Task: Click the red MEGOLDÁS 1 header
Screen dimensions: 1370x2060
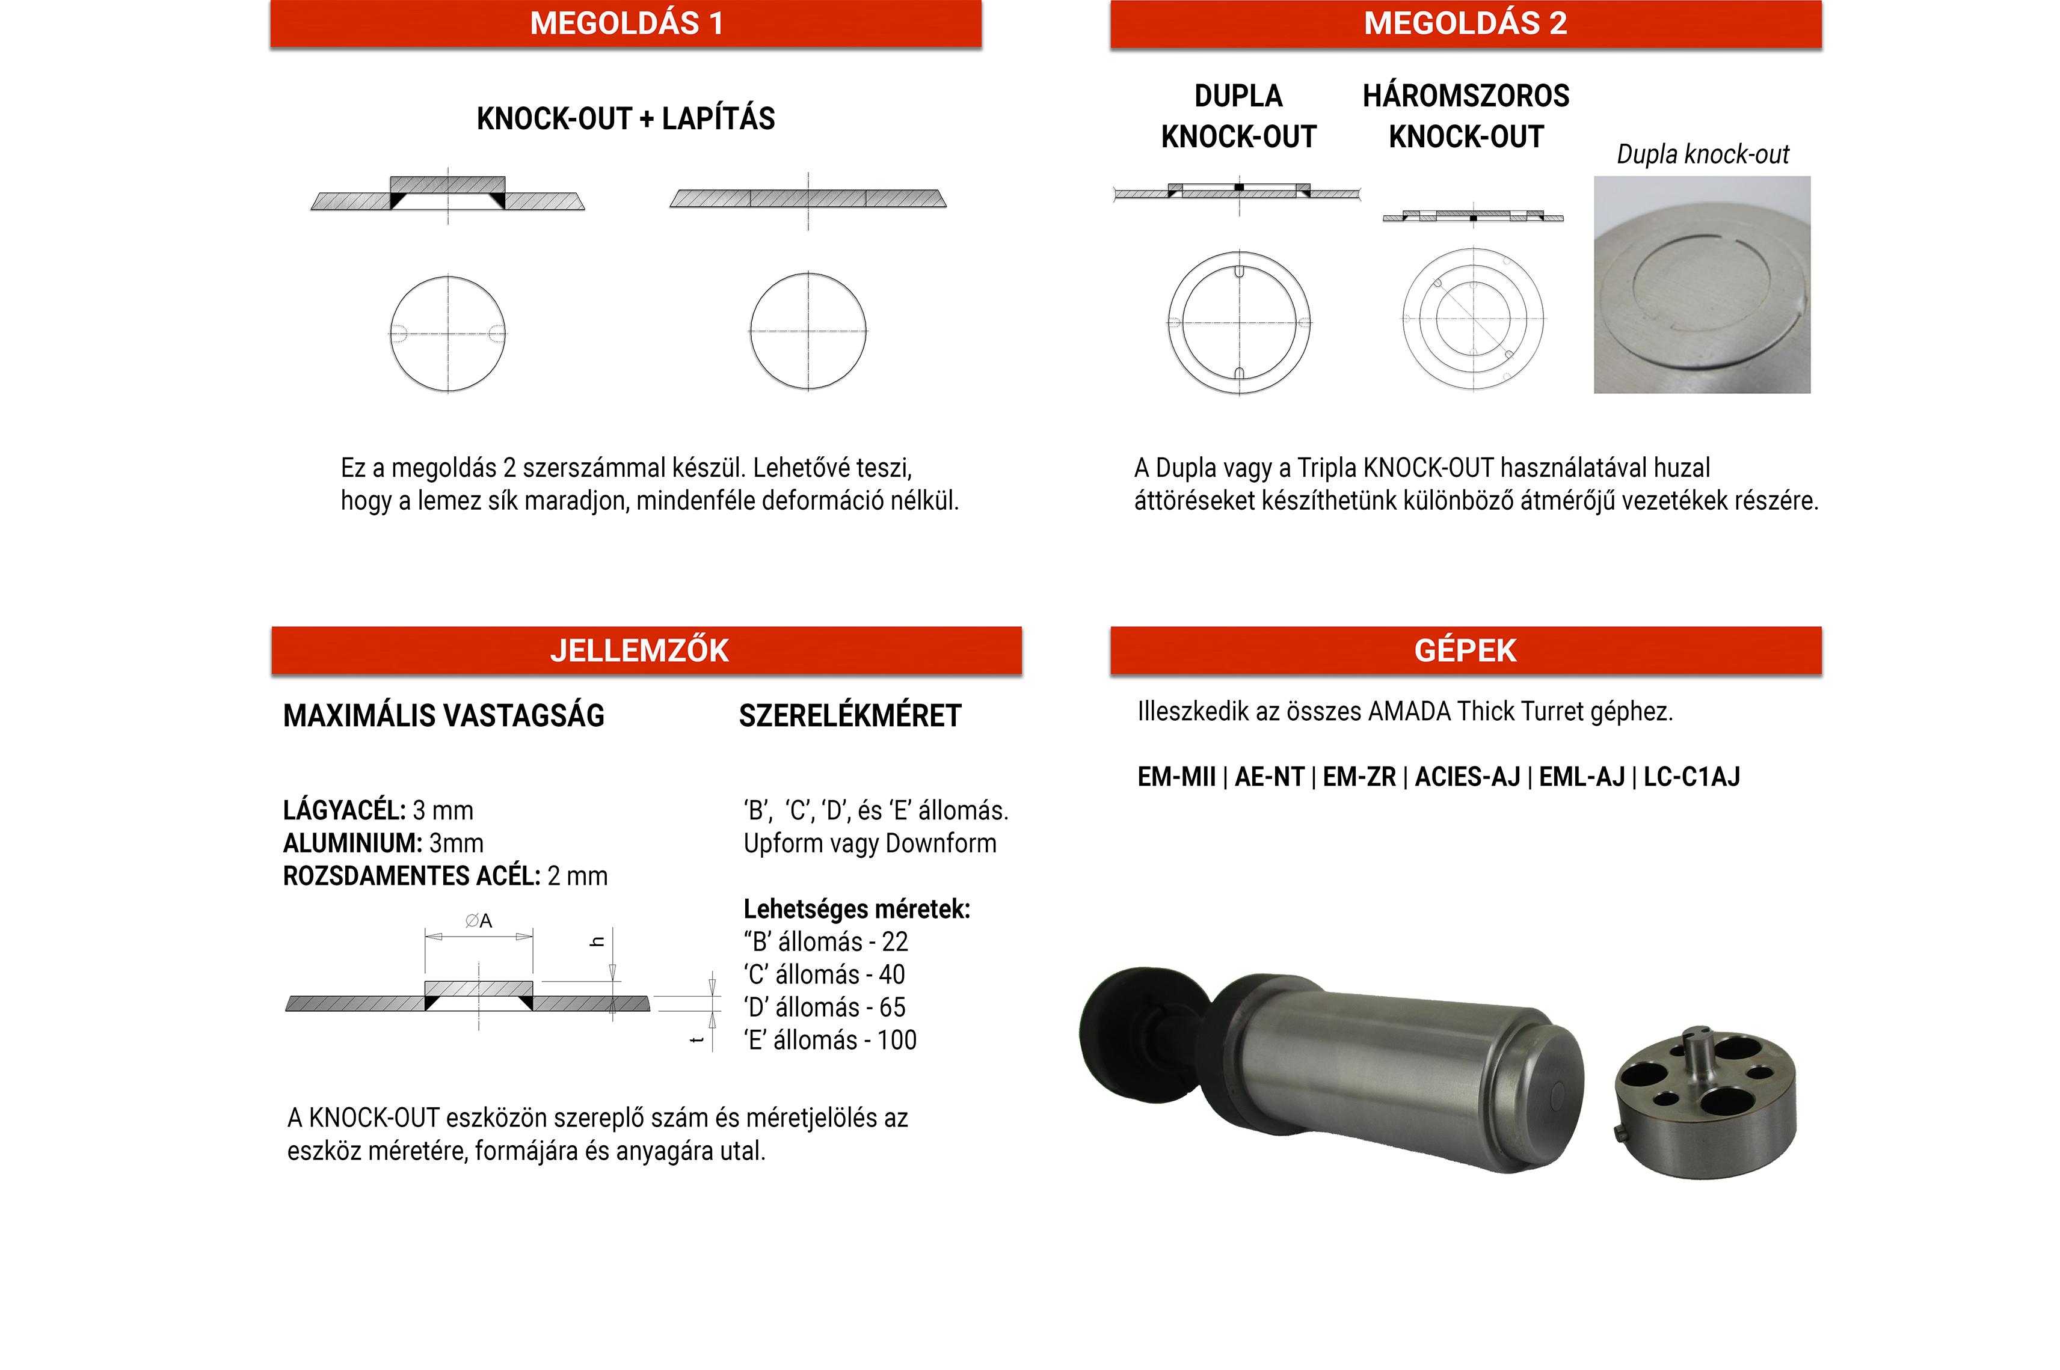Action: point(626,23)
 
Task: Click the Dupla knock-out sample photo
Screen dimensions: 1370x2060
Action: point(1701,285)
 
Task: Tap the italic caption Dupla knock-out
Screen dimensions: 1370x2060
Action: point(1702,154)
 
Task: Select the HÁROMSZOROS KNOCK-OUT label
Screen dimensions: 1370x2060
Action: point(1466,116)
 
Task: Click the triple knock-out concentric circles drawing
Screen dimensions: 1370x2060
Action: point(1473,319)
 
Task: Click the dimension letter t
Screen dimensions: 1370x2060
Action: point(696,1040)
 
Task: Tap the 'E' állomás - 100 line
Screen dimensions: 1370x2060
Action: point(829,1041)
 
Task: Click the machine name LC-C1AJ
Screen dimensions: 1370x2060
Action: point(1691,777)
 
